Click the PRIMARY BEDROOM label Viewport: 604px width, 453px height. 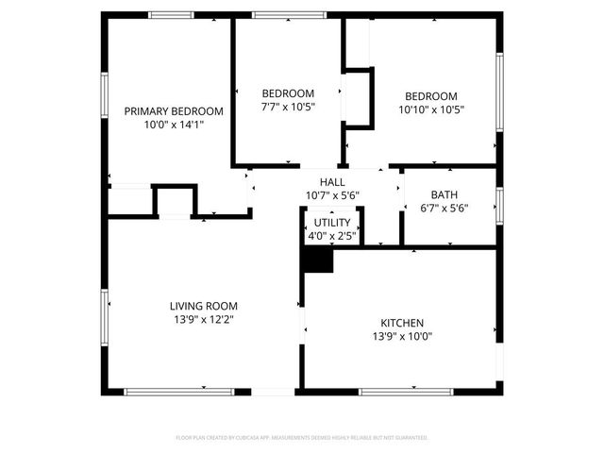coord(175,110)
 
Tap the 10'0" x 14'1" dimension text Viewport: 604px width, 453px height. coord(175,124)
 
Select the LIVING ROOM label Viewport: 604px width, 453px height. coord(203,306)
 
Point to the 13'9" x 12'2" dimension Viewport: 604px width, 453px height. coord(203,320)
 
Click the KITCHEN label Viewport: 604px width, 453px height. coord(402,322)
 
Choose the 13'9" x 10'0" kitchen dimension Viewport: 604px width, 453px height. coord(402,336)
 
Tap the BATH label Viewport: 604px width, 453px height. coord(445,194)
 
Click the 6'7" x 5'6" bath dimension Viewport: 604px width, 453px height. coord(445,209)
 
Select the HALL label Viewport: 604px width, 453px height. coord(332,182)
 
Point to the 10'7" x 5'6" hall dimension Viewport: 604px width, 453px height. coord(332,195)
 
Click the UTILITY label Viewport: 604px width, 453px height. coord(332,222)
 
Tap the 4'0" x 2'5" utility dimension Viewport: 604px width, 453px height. coord(332,235)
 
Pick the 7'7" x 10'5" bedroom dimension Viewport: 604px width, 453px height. coord(288,107)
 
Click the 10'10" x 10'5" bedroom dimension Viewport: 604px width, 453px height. coord(431,109)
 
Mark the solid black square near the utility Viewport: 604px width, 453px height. coord(317,260)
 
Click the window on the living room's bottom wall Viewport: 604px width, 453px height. coord(166,392)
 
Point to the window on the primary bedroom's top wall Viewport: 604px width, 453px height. coord(172,14)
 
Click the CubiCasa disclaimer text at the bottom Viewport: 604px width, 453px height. coord(302,438)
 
